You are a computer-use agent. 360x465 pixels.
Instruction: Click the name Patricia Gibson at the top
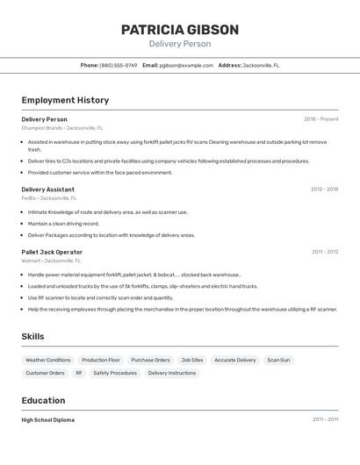click(x=179, y=30)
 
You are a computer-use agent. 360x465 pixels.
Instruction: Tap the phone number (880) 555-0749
click(x=118, y=65)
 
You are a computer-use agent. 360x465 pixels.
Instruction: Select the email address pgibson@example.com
click(x=186, y=65)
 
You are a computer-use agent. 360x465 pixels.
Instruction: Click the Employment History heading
click(x=65, y=100)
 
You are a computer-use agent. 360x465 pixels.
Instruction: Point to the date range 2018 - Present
click(x=320, y=119)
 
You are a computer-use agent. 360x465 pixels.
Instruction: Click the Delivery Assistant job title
click(x=47, y=189)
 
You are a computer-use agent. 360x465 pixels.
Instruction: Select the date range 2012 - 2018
click(x=324, y=189)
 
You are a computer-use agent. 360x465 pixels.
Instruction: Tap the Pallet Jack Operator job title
click(x=52, y=252)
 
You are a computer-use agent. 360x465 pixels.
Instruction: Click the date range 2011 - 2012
click(x=325, y=252)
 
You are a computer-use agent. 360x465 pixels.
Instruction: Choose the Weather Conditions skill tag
click(x=48, y=360)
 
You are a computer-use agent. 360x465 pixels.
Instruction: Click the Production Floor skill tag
click(x=101, y=360)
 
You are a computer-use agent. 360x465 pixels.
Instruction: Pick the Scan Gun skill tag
click(x=278, y=360)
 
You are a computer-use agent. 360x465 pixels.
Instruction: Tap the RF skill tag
click(x=79, y=373)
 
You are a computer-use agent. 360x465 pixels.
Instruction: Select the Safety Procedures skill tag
click(x=115, y=373)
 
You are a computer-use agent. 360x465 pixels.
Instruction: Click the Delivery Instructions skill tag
click(x=172, y=373)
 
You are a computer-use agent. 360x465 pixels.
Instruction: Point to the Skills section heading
click(x=32, y=336)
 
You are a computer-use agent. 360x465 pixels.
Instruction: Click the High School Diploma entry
click(x=47, y=419)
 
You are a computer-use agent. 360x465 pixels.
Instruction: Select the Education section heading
click(x=43, y=400)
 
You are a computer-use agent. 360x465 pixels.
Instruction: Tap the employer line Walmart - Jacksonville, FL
click(x=51, y=261)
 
